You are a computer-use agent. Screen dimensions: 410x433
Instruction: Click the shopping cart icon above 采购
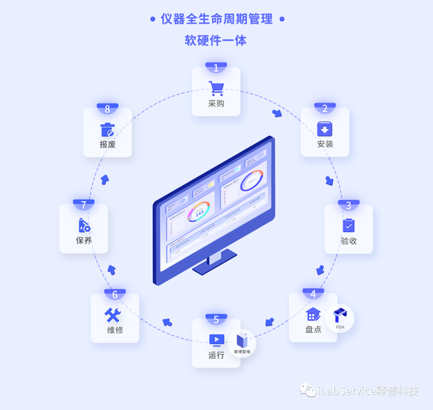(x=216, y=88)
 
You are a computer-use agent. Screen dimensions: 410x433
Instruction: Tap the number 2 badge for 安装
(x=325, y=108)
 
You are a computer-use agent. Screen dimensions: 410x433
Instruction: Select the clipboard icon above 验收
(x=348, y=225)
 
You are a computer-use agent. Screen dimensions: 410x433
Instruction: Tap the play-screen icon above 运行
(x=216, y=340)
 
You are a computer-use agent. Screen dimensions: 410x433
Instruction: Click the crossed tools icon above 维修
(x=113, y=315)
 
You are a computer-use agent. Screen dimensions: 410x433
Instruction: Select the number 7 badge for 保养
(x=83, y=205)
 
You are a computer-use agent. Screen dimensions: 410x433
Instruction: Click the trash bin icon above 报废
(x=108, y=129)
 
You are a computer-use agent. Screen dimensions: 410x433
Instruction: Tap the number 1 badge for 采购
(x=216, y=68)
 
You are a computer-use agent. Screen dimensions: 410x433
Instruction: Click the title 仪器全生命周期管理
(x=217, y=19)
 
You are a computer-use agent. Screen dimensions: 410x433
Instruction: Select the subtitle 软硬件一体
(x=216, y=41)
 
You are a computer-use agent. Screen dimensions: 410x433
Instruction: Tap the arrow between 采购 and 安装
(x=277, y=113)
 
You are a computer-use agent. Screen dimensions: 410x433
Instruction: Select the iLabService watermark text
(x=369, y=391)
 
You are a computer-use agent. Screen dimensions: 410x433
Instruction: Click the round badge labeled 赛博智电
(x=242, y=343)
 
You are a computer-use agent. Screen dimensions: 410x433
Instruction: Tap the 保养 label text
(x=84, y=240)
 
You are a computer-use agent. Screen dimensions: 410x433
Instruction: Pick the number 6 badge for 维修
(x=114, y=294)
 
